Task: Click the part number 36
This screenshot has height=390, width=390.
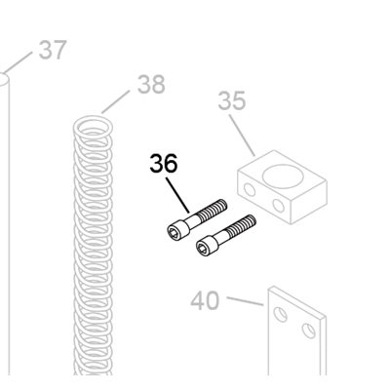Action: [x=164, y=163]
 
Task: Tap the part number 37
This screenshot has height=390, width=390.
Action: [x=53, y=50]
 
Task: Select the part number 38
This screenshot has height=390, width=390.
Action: [x=151, y=84]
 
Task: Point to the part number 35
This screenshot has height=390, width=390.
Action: [x=232, y=100]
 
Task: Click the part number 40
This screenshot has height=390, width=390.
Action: [x=205, y=300]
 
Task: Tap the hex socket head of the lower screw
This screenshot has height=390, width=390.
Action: [x=207, y=246]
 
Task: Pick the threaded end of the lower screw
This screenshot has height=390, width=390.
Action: [x=242, y=225]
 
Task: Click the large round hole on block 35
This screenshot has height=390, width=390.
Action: [x=283, y=175]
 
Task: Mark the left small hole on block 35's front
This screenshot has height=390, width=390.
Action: [x=250, y=190]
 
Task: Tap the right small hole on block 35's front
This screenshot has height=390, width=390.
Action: [x=279, y=205]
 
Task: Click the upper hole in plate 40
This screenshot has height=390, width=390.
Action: [x=280, y=314]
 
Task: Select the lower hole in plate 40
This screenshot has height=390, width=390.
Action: [x=308, y=331]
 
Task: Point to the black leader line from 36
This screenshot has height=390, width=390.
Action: [x=177, y=195]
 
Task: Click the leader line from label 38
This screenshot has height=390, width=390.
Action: [x=116, y=102]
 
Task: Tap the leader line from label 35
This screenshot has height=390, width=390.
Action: [x=243, y=136]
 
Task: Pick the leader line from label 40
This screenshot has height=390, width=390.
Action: [x=245, y=301]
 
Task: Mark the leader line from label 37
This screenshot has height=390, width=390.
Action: [x=19, y=61]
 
